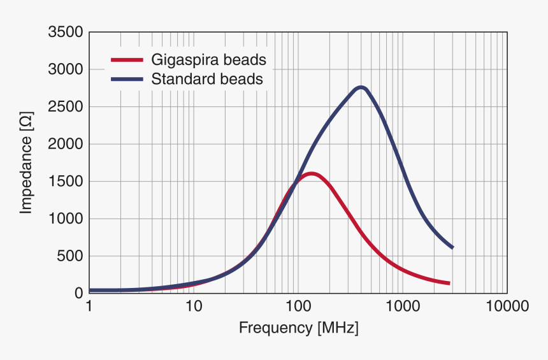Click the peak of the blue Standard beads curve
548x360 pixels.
pos(361,87)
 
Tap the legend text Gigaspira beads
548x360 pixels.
pos(208,61)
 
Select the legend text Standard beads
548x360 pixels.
pos(207,80)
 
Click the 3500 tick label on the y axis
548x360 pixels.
pos(66,32)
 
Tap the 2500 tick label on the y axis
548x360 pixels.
pos(66,106)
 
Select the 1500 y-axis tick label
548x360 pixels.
pos(66,182)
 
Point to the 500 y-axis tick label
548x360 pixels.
pos(70,256)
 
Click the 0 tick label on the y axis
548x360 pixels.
pos(78,293)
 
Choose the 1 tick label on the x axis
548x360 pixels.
pos(89,306)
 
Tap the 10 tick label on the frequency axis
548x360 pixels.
pos(194,306)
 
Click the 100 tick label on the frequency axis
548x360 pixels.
pos(298,306)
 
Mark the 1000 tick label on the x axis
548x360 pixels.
pos(402,306)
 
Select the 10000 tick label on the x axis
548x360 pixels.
pos(507,306)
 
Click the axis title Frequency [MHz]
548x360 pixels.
pos(298,329)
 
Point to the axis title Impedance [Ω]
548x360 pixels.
pos(25,162)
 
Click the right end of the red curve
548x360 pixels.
pos(449,283)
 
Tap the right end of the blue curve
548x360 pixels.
pos(452,247)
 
